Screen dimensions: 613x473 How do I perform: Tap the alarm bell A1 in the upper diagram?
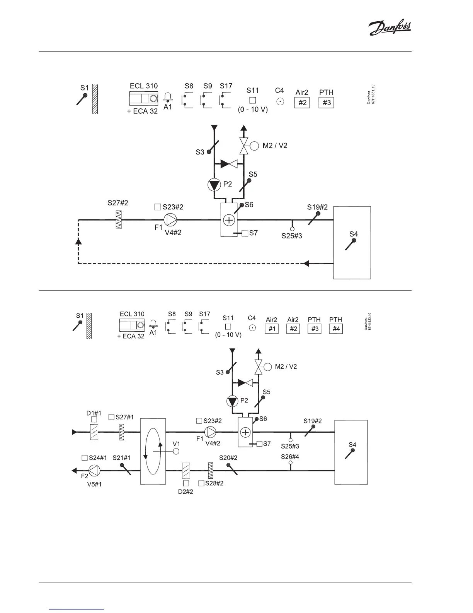(x=168, y=98)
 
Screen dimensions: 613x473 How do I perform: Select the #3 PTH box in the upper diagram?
(x=326, y=103)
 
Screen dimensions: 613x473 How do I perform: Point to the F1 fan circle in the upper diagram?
(x=170, y=220)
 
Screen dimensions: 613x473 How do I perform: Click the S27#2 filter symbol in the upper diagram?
(x=119, y=220)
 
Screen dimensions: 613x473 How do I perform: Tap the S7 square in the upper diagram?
(x=245, y=233)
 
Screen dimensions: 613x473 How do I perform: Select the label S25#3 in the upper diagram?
(x=291, y=235)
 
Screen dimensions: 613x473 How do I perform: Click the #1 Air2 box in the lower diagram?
(x=272, y=329)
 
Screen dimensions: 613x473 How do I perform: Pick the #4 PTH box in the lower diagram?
(x=336, y=329)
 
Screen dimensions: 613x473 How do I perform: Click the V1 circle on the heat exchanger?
(x=176, y=451)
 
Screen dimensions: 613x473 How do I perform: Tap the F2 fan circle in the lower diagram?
(x=95, y=470)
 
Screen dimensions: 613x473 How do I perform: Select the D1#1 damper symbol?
(x=94, y=431)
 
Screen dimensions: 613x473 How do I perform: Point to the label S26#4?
(x=290, y=457)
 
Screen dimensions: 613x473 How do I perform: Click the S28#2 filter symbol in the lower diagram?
(x=211, y=471)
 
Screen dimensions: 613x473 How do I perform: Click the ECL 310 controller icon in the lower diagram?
(x=132, y=324)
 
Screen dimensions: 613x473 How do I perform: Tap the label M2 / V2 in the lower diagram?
(x=286, y=366)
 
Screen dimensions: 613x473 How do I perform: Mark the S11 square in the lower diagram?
(x=228, y=327)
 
